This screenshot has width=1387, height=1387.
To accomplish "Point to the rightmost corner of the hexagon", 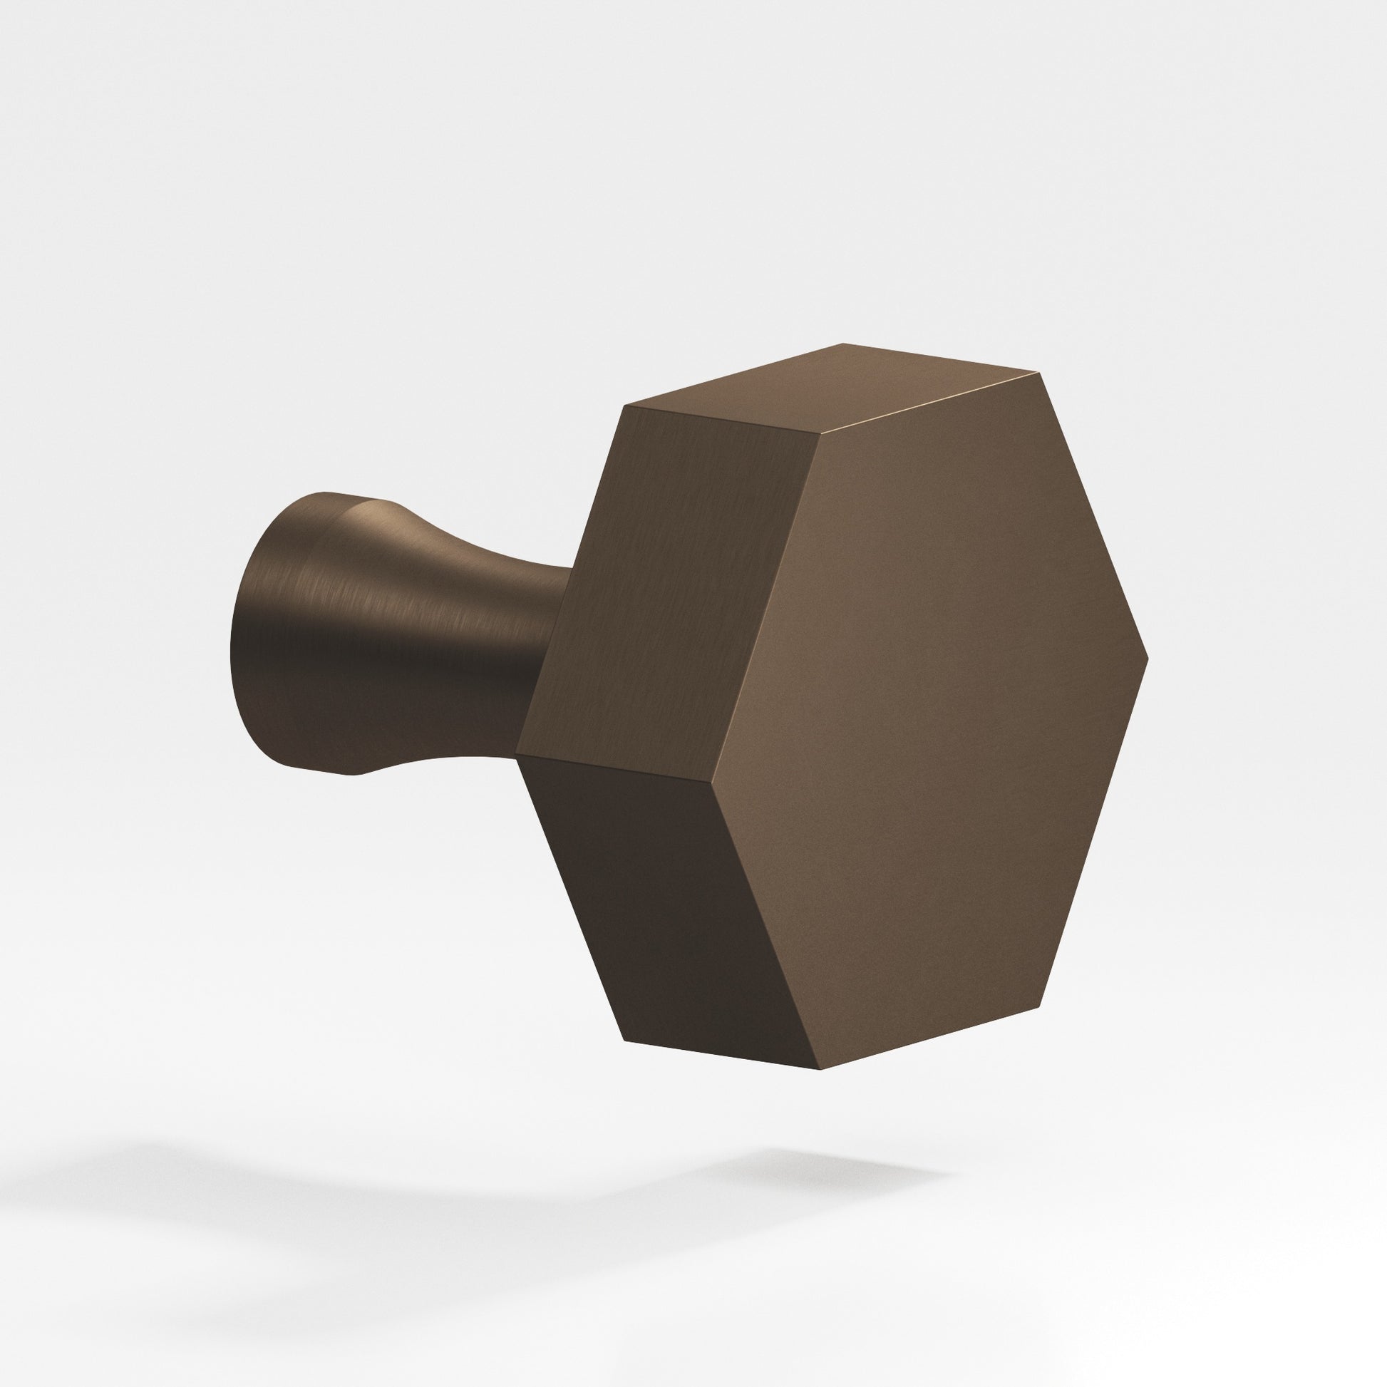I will point(1148,658).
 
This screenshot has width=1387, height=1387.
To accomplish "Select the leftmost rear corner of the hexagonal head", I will point(517,756).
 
